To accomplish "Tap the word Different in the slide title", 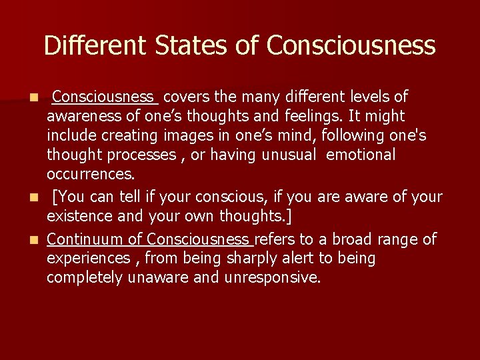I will click(95, 46).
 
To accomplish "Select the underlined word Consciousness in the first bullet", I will click(105, 97).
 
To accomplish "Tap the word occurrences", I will click(91, 174).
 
